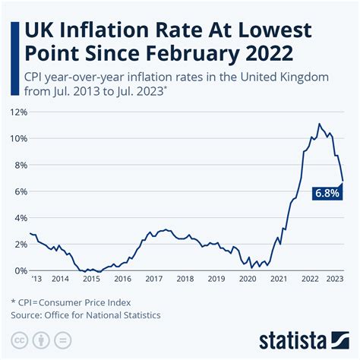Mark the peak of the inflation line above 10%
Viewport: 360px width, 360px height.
[319, 124]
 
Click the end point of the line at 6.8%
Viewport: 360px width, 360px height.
[343, 181]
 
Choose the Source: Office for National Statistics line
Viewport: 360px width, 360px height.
[85, 314]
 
